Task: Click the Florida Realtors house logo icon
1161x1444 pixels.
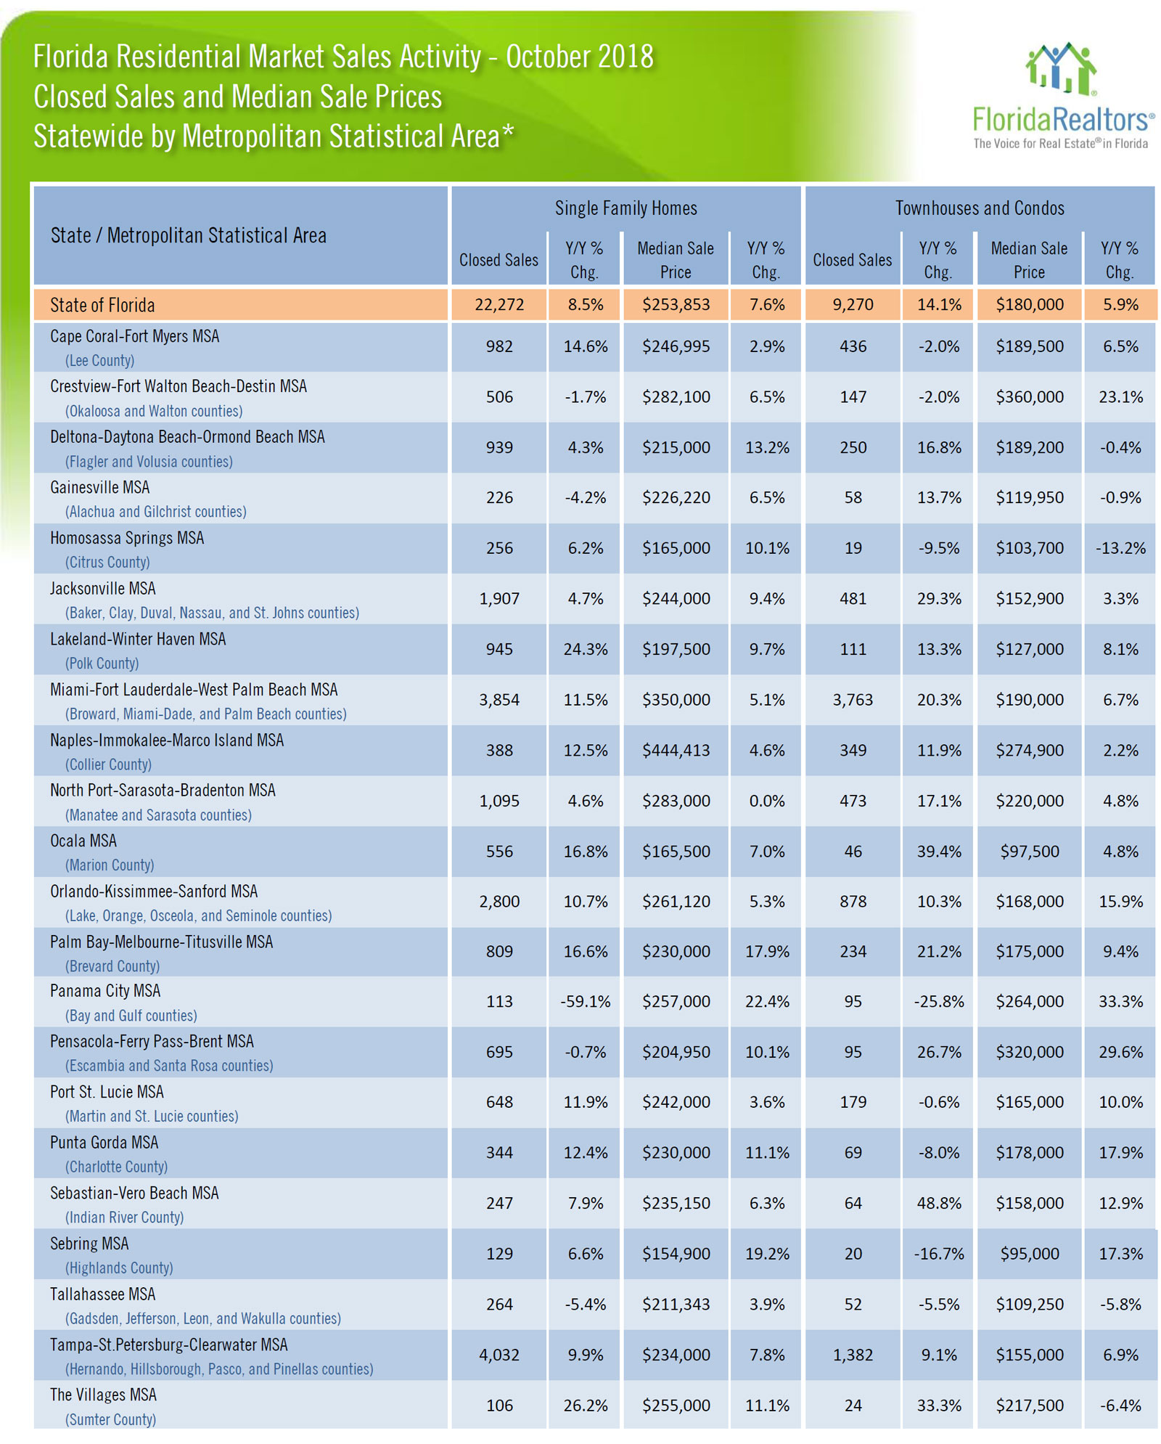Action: [x=1061, y=68]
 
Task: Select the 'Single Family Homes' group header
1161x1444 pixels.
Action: [x=625, y=208]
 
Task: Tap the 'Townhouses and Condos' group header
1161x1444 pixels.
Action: [x=980, y=208]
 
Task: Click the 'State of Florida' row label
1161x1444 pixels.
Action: [x=102, y=305]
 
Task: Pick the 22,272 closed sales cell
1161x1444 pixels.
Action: [x=499, y=305]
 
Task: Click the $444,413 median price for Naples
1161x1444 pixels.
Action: [x=676, y=750]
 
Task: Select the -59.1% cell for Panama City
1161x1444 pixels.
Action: [x=585, y=1001]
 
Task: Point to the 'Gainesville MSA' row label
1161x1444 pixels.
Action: [x=99, y=487]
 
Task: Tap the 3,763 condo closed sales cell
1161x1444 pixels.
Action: [x=853, y=700]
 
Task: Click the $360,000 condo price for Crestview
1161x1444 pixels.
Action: [x=1029, y=396]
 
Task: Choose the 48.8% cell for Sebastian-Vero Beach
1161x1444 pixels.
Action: [x=939, y=1203]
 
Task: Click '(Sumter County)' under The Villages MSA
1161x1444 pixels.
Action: [x=110, y=1419]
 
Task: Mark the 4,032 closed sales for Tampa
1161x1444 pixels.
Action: [x=499, y=1355]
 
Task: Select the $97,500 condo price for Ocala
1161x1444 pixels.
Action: [x=1029, y=851]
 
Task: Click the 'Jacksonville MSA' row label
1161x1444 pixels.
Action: [x=102, y=588]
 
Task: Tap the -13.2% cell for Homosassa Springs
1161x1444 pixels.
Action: [x=1120, y=548]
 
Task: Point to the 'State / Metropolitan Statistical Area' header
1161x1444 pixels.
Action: [x=189, y=235]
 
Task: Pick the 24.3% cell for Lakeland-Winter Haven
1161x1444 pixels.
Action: [x=585, y=649]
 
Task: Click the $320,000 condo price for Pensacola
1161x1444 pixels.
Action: [x=1029, y=1052]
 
